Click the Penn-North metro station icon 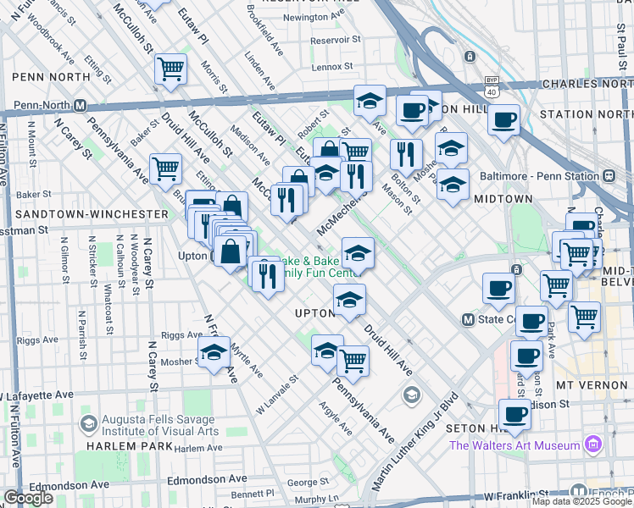tap(81, 106)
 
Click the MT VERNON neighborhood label tap(589, 384)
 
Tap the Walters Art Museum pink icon tap(592, 444)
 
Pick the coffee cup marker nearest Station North tap(504, 120)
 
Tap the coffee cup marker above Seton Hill tap(514, 413)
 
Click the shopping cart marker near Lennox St tap(171, 68)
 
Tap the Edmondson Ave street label tap(70, 484)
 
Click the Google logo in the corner tap(27, 498)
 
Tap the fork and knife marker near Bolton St tap(406, 153)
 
